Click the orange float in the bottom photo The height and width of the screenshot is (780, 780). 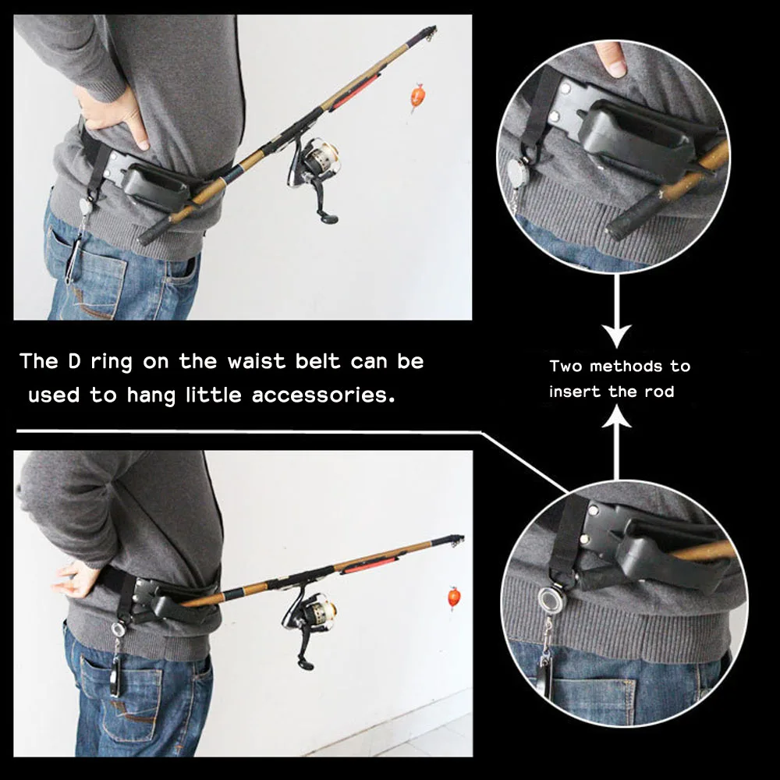(x=454, y=598)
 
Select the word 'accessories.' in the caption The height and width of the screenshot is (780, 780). (x=321, y=395)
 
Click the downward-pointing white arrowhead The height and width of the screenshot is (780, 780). (x=618, y=337)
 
